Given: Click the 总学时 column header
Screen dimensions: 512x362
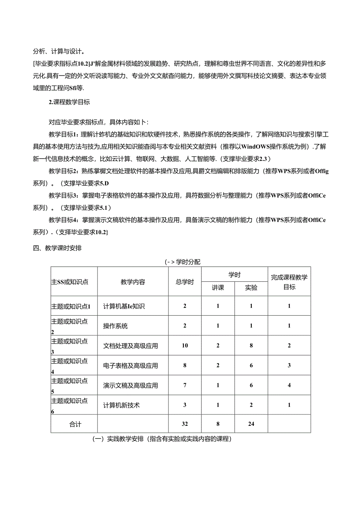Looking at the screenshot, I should tap(185, 282).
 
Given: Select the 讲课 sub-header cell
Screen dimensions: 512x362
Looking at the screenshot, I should tap(218, 288).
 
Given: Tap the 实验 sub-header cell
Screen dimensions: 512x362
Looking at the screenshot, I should tap(251, 288).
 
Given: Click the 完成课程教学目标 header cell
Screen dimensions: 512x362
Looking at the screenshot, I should tap(289, 282).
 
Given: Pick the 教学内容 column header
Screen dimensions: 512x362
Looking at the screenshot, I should tap(133, 282).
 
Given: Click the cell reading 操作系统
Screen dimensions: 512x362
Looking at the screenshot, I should tap(115, 326).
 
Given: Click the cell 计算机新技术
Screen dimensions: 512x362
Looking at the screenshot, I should tap(121, 405).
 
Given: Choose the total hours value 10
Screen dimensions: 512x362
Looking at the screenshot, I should tap(185, 346).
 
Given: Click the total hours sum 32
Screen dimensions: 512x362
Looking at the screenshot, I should tap(185, 424).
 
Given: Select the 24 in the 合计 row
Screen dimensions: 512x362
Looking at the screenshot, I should tap(251, 424).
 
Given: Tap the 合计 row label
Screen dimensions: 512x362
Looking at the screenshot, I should tap(75, 424).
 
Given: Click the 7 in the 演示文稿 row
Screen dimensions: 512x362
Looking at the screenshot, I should tap(185, 385).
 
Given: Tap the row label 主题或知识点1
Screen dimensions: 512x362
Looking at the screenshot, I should tap(71, 306).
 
